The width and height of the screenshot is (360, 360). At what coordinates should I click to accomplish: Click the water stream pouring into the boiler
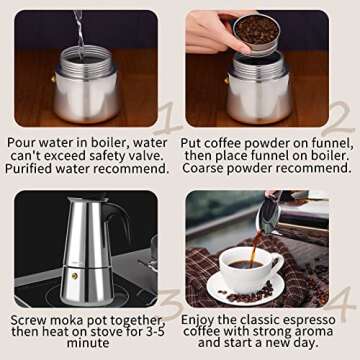[79, 30]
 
